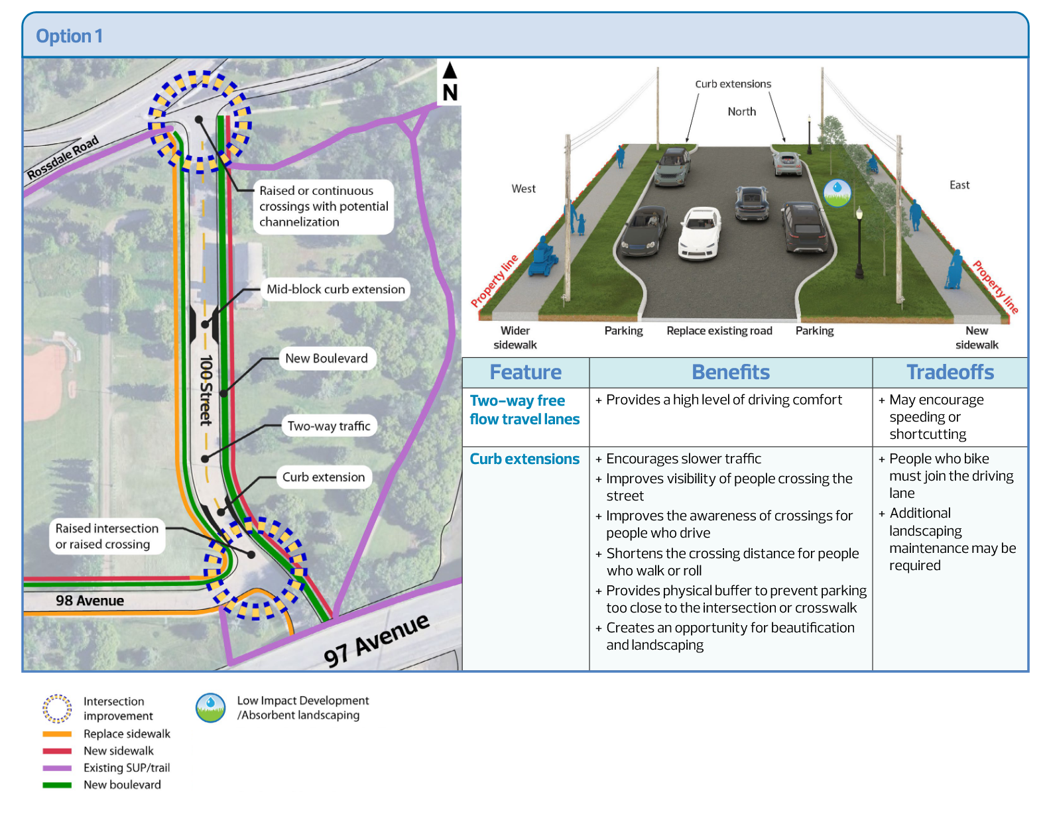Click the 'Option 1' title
69,36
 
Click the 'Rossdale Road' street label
63,157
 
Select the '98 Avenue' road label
90,601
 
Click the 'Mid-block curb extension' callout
336,289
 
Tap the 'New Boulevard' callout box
326,359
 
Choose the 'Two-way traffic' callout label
329,426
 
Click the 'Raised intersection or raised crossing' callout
106,536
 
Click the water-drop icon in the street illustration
837,192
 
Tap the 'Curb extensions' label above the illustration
733,84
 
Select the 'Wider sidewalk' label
515,337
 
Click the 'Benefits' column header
731,373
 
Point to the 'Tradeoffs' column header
950,373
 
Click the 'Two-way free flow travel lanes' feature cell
524,410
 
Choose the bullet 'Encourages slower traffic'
683,459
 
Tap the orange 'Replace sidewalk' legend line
57,734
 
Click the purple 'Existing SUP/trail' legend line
57,768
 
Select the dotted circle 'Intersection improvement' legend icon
57,708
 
